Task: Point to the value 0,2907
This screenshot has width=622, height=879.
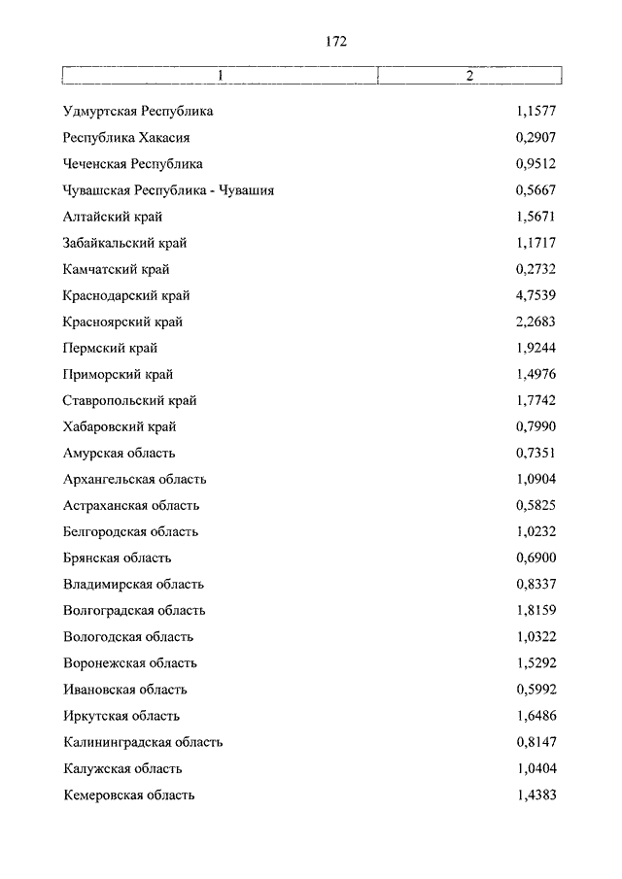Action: [536, 138]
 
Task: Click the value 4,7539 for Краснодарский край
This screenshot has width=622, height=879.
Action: [536, 295]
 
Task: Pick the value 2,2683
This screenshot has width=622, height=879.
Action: [536, 321]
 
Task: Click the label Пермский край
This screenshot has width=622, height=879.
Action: [110, 348]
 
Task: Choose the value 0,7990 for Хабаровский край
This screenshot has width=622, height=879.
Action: [536, 426]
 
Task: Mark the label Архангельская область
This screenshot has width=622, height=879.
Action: [135, 479]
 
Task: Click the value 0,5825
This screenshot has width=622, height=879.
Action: [536, 505]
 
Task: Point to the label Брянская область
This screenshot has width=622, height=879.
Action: [118, 558]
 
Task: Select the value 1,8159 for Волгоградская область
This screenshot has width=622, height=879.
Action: [536, 610]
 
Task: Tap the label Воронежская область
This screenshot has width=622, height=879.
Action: [130, 662]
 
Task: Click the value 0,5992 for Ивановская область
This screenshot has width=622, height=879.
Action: [536, 690]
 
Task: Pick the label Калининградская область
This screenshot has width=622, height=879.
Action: [143, 742]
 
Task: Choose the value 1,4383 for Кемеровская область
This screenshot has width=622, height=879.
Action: [536, 794]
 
